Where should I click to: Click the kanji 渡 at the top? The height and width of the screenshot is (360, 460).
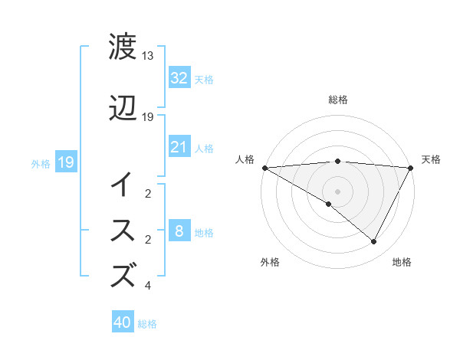(123, 47)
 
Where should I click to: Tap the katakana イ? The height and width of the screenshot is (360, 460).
(123, 184)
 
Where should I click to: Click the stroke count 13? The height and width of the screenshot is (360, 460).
(148, 56)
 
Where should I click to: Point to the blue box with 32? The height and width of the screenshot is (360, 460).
(179, 78)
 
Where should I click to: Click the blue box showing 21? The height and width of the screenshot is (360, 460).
(179, 147)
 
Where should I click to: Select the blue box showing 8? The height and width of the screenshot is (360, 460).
(179, 231)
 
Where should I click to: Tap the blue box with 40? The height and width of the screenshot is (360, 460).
(123, 323)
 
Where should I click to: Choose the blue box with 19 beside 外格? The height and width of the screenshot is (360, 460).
(65, 162)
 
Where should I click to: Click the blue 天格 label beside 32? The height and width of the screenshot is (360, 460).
(203, 79)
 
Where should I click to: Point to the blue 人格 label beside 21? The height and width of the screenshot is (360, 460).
(203, 148)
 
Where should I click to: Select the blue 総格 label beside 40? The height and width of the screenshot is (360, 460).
(147, 324)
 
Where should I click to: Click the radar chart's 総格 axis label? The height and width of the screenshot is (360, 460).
(337, 100)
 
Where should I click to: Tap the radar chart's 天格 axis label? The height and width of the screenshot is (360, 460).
(431, 159)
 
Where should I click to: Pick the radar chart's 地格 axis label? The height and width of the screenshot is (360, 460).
(402, 262)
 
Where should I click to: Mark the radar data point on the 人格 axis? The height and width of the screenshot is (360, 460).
(264, 167)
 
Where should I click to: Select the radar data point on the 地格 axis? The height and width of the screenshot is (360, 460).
(374, 242)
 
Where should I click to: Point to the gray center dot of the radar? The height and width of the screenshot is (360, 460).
(337, 191)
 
